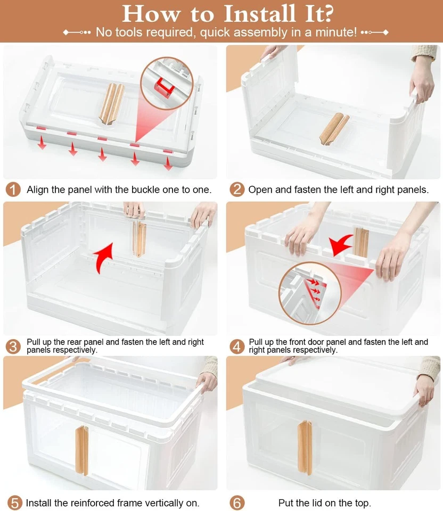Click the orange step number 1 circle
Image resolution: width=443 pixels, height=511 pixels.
pos(14,189)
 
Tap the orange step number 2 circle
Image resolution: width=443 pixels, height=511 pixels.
pos(237,189)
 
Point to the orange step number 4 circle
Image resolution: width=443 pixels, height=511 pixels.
pos(237,346)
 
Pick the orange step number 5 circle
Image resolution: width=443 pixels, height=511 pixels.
pos(14,502)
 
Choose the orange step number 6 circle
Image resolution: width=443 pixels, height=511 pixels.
pos(237,502)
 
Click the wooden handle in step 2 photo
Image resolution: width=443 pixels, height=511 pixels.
pos(334,128)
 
